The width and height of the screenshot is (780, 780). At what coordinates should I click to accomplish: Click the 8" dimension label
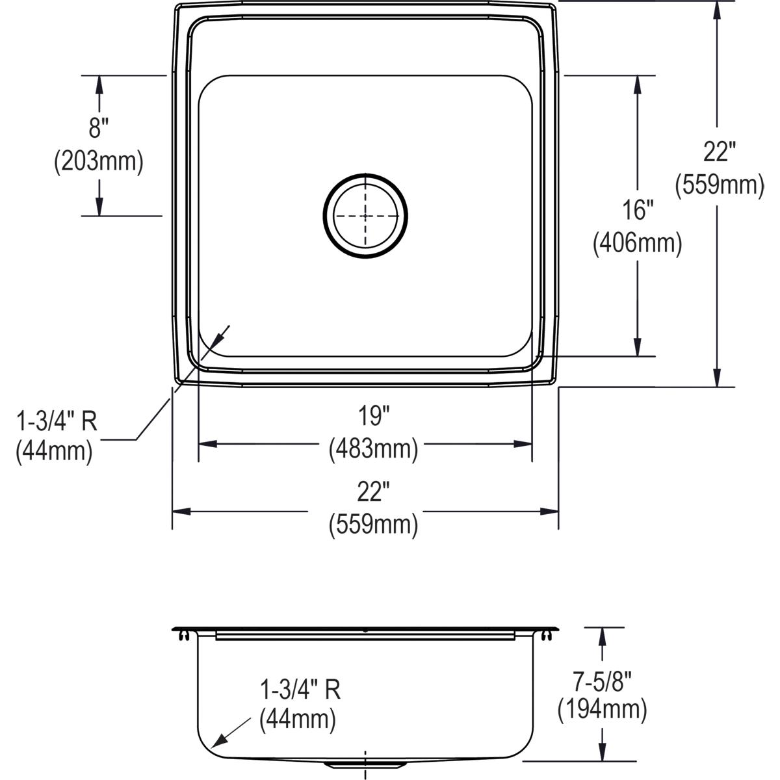tap(97, 129)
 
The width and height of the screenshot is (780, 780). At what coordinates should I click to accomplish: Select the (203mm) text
tap(98, 161)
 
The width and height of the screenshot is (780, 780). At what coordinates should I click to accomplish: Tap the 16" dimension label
tap(637, 211)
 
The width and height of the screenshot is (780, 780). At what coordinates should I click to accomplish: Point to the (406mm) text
tap(637, 244)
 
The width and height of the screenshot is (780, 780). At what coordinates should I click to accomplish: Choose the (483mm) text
tap(373, 448)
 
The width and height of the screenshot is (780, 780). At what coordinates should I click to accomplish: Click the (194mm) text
tap(602, 709)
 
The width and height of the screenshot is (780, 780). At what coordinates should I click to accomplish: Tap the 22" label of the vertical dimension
tap(720, 153)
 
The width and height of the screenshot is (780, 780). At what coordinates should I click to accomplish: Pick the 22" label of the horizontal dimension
tap(372, 492)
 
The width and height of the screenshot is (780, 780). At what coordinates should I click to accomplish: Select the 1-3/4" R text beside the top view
tap(57, 421)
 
